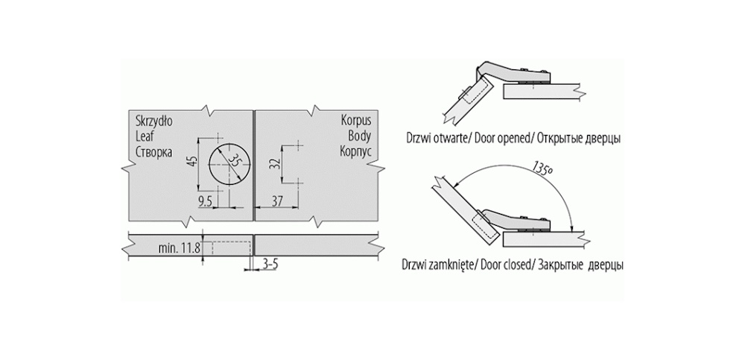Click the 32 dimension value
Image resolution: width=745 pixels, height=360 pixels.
pos(275,164)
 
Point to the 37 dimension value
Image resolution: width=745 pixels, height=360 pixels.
pos(277,200)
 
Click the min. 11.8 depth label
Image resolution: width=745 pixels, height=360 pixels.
pos(179,248)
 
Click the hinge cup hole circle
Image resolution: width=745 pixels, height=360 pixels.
pos(226,163)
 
